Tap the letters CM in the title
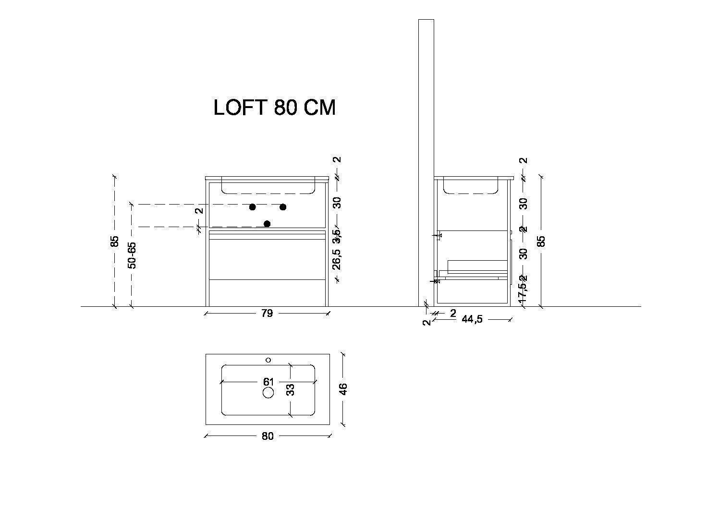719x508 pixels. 318,108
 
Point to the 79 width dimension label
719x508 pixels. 267,314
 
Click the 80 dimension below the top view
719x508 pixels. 268,436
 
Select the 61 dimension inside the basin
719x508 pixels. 268,382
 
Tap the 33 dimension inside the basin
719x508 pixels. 290,389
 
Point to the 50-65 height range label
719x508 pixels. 132,255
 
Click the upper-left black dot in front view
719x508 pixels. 252,207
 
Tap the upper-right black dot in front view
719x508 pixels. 283,207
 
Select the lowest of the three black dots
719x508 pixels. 267,224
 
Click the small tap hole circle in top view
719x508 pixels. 268,360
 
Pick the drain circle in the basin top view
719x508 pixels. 268,393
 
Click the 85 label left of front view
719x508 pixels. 114,242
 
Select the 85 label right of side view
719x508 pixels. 541,241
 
